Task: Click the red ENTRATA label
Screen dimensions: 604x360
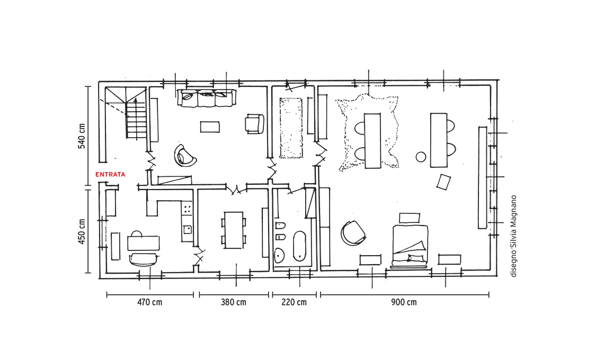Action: click(110, 174)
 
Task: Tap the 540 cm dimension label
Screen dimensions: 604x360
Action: click(82, 136)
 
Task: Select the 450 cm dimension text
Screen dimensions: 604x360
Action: click(82, 232)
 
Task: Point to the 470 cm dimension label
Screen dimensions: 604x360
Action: click(150, 302)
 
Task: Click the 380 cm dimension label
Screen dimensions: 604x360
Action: click(234, 302)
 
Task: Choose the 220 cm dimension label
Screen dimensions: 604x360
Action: click(294, 302)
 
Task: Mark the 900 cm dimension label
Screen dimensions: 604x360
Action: click(404, 302)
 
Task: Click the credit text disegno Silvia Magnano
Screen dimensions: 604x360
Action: click(513, 236)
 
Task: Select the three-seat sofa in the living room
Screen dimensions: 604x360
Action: click(207, 98)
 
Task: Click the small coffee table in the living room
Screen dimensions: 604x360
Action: click(210, 127)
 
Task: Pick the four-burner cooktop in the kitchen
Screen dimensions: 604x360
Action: click(187, 209)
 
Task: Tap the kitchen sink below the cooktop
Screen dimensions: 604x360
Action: click(188, 230)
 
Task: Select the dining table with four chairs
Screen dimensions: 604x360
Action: click(234, 230)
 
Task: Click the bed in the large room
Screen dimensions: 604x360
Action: click(410, 246)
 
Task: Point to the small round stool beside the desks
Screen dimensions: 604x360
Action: click(421, 157)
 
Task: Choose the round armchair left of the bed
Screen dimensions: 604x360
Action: click(353, 232)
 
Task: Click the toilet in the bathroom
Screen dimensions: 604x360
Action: click(280, 226)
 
